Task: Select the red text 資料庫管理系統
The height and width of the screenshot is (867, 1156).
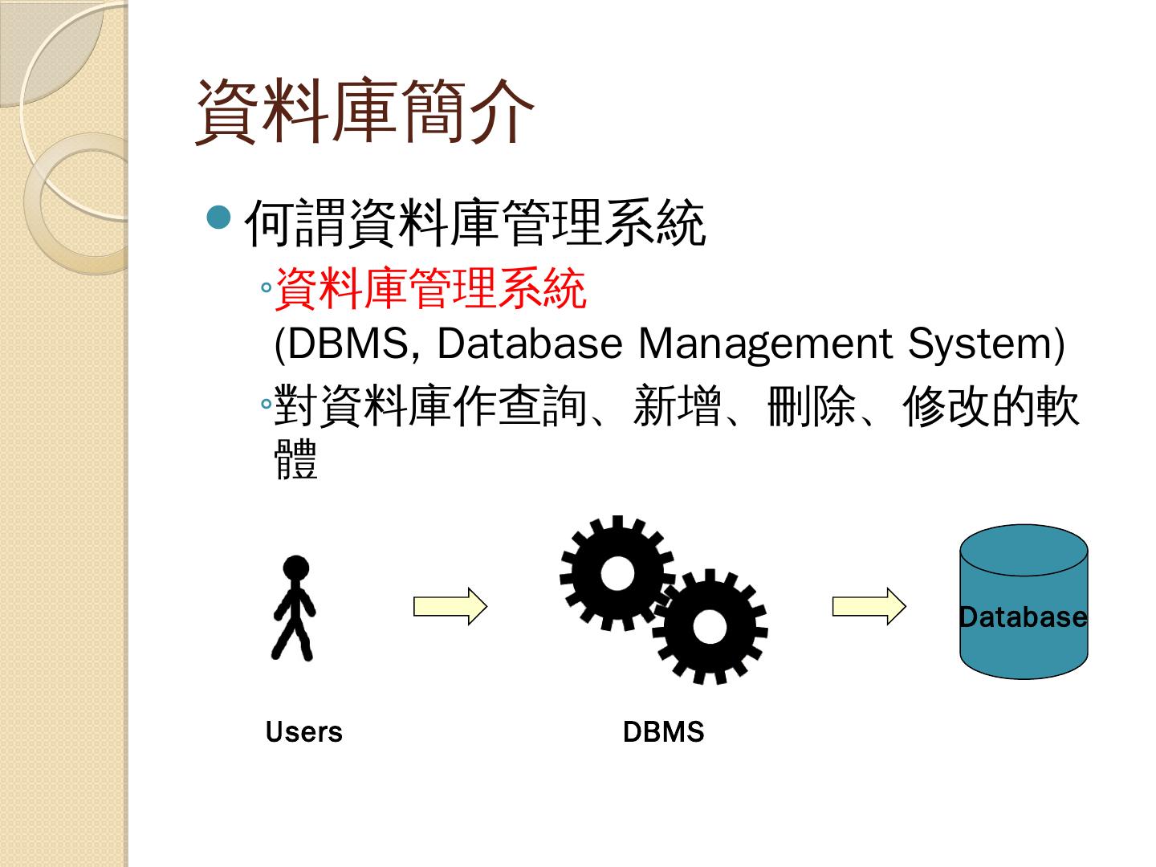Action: click(x=431, y=288)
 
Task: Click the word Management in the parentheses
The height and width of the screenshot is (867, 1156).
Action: click(x=764, y=343)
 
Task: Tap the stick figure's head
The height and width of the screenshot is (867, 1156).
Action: click(x=295, y=568)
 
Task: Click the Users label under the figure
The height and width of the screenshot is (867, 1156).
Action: click(x=303, y=731)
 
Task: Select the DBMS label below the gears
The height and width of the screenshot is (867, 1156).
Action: click(x=663, y=731)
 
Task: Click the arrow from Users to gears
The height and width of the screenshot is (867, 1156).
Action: click(x=450, y=606)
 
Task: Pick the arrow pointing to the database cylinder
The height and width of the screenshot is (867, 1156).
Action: click(x=869, y=606)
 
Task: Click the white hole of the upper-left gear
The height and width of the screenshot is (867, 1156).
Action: click(x=617, y=572)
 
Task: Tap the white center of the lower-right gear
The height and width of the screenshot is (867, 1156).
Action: click(x=709, y=626)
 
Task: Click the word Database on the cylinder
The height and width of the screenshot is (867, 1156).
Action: click(x=1024, y=617)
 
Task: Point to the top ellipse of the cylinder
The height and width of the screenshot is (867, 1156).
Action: click(x=1024, y=550)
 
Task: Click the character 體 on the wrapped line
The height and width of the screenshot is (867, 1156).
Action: click(x=296, y=459)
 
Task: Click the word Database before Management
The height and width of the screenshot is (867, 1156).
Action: click(x=529, y=343)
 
